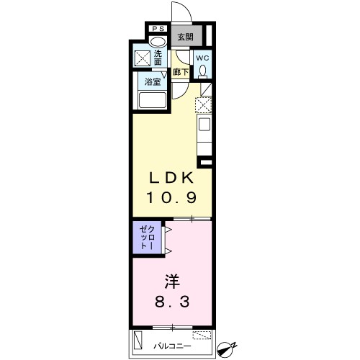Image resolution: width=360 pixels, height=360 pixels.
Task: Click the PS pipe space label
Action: [158, 29]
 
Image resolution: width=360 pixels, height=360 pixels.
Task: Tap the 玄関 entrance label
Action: [185, 37]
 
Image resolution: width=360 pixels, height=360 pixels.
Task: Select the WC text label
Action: [203, 58]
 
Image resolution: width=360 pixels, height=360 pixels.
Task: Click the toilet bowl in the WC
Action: [203, 71]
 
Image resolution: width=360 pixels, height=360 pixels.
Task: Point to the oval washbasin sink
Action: [158, 42]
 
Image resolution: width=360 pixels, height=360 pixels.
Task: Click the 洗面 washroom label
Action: [158, 58]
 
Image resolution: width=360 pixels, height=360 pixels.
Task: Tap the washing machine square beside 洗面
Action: [143, 58]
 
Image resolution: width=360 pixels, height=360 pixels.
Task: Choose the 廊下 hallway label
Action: [181, 72]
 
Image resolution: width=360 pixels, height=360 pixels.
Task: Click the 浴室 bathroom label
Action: [153, 82]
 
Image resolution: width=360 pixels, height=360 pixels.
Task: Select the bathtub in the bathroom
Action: [153, 100]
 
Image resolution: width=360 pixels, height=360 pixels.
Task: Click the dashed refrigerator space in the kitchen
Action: [203, 105]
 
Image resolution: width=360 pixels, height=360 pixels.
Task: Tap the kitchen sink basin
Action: [204, 124]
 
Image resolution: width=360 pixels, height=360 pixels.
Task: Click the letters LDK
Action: [171, 178]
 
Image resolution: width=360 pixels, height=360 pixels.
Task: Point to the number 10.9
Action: [171, 197]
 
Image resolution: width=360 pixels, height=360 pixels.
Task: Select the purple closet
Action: [147, 238]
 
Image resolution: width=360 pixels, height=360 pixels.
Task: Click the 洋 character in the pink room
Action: [172, 282]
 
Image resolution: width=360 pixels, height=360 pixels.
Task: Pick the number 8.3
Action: [172, 302]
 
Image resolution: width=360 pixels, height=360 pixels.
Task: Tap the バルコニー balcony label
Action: [172, 346]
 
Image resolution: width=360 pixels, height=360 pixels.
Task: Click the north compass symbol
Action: [226, 348]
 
